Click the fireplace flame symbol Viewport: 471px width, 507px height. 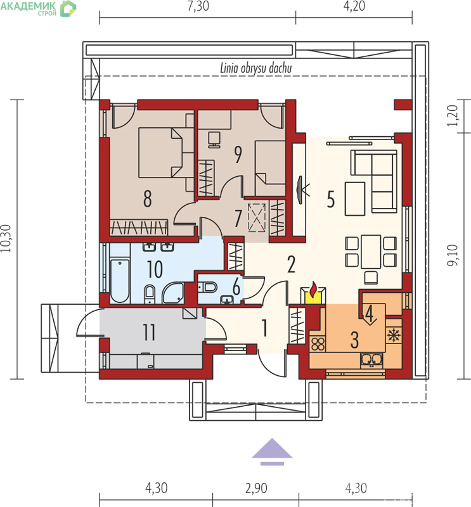(313, 290)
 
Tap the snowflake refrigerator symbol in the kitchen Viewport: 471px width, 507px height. (394, 335)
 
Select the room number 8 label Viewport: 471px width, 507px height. (148, 198)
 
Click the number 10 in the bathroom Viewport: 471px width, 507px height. (155, 269)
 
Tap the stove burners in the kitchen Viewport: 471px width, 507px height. (318, 344)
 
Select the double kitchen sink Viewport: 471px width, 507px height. (371, 360)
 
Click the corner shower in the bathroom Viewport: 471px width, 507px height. (173, 293)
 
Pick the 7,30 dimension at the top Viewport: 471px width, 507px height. (198, 6)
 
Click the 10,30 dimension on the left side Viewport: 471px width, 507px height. (6, 238)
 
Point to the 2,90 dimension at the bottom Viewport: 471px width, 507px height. (256, 488)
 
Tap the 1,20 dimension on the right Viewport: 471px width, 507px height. (453, 116)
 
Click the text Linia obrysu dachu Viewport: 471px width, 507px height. (256, 68)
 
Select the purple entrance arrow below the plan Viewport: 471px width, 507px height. (272, 452)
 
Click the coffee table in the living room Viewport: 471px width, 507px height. (355, 198)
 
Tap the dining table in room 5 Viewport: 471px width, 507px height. (371, 252)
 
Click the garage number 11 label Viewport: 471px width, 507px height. (149, 332)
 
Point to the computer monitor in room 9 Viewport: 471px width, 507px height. (214, 139)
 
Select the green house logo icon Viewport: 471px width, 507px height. (68, 8)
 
